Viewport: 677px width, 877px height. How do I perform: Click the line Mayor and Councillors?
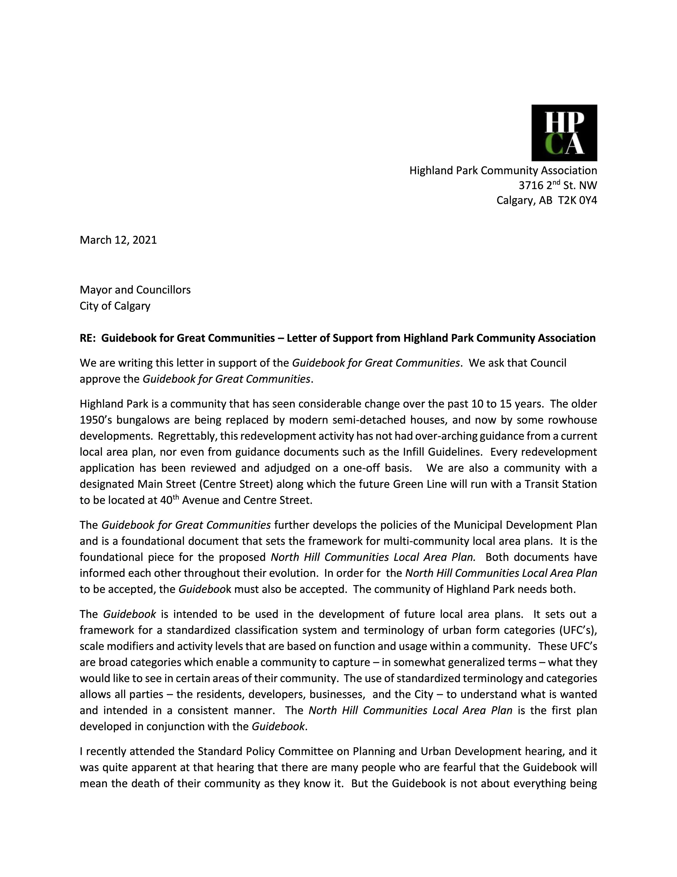135,290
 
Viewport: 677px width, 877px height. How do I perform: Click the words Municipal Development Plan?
525,525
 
